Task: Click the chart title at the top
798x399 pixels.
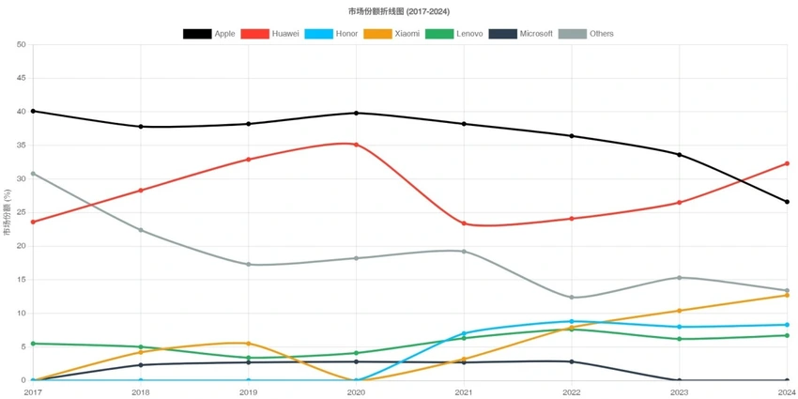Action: (x=399, y=11)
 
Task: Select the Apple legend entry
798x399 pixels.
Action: (x=209, y=34)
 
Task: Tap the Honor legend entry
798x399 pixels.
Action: (x=331, y=34)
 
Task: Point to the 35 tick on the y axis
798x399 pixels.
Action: (x=21, y=146)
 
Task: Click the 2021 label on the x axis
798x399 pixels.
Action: (x=464, y=391)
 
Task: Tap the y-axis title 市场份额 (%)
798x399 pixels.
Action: (x=8, y=212)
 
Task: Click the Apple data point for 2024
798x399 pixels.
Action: (x=787, y=202)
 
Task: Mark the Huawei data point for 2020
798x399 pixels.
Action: (x=356, y=145)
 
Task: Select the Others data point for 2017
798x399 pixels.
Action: (x=33, y=174)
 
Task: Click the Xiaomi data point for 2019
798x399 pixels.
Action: (x=248, y=344)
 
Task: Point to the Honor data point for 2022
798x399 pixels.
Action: (x=572, y=321)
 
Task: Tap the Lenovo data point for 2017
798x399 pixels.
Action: (x=33, y=344)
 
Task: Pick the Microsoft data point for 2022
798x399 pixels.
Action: (x=572, y=361)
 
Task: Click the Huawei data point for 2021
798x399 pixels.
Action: (x=464, y=223)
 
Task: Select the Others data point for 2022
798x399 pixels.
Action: (x=572, y=298)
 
